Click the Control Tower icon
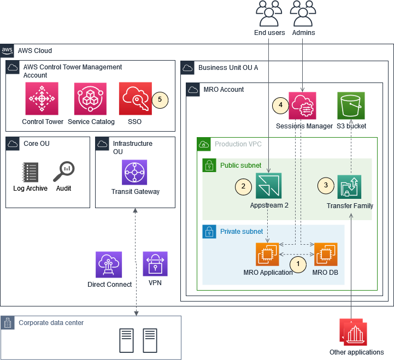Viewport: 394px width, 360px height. (x=42, y=99)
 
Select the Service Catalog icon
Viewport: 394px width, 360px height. (x=91, y=99)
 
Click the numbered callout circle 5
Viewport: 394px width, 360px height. (x=160, y=99)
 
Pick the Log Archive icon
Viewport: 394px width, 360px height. (x=30, y=172)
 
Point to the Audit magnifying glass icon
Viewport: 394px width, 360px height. (x=63, y=172)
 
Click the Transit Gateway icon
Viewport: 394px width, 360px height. (x=134, y=173)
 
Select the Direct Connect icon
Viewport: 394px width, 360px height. (x=109, y=264)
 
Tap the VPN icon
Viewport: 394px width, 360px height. (x=155, y=264)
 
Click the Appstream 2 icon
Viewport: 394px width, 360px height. (x=268, y=186)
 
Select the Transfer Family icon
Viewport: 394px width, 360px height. (x=349, y=187)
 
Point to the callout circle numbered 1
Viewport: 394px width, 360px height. (x=298, y=264)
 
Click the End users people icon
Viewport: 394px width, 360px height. (x=269, y=14)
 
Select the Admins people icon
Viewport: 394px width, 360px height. (x=303, y=14)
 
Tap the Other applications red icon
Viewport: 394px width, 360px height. (x=354, y=333)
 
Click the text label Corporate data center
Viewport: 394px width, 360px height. (x=51, y=323)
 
